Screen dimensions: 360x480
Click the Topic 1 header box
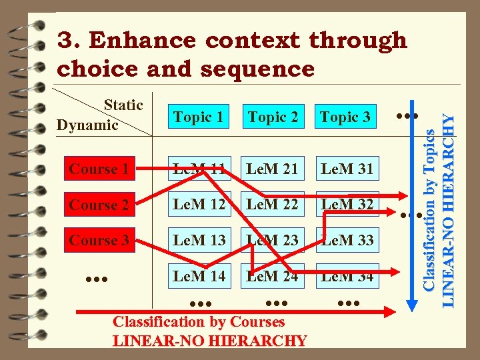tap(199, 118)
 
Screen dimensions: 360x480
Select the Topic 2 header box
tap(273, 118)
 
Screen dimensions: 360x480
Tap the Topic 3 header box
tap(345, 118)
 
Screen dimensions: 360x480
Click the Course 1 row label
tap(99, 169)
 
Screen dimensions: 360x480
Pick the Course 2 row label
tap(99, 205)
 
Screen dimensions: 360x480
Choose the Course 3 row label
tap(99, 240)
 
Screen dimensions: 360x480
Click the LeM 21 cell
tap(272, 169)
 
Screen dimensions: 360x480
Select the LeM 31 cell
tap(347, 169)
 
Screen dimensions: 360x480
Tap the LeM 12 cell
tap(199, 205)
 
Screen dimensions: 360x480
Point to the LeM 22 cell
tap(272, 205)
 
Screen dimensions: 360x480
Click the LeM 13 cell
tap(199, 240)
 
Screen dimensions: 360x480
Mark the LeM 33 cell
tap(347, 240)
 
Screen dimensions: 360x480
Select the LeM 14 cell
tap(199, 275)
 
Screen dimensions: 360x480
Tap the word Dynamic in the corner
tap(87, 125)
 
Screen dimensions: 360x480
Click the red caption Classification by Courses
tap(199, 321)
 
